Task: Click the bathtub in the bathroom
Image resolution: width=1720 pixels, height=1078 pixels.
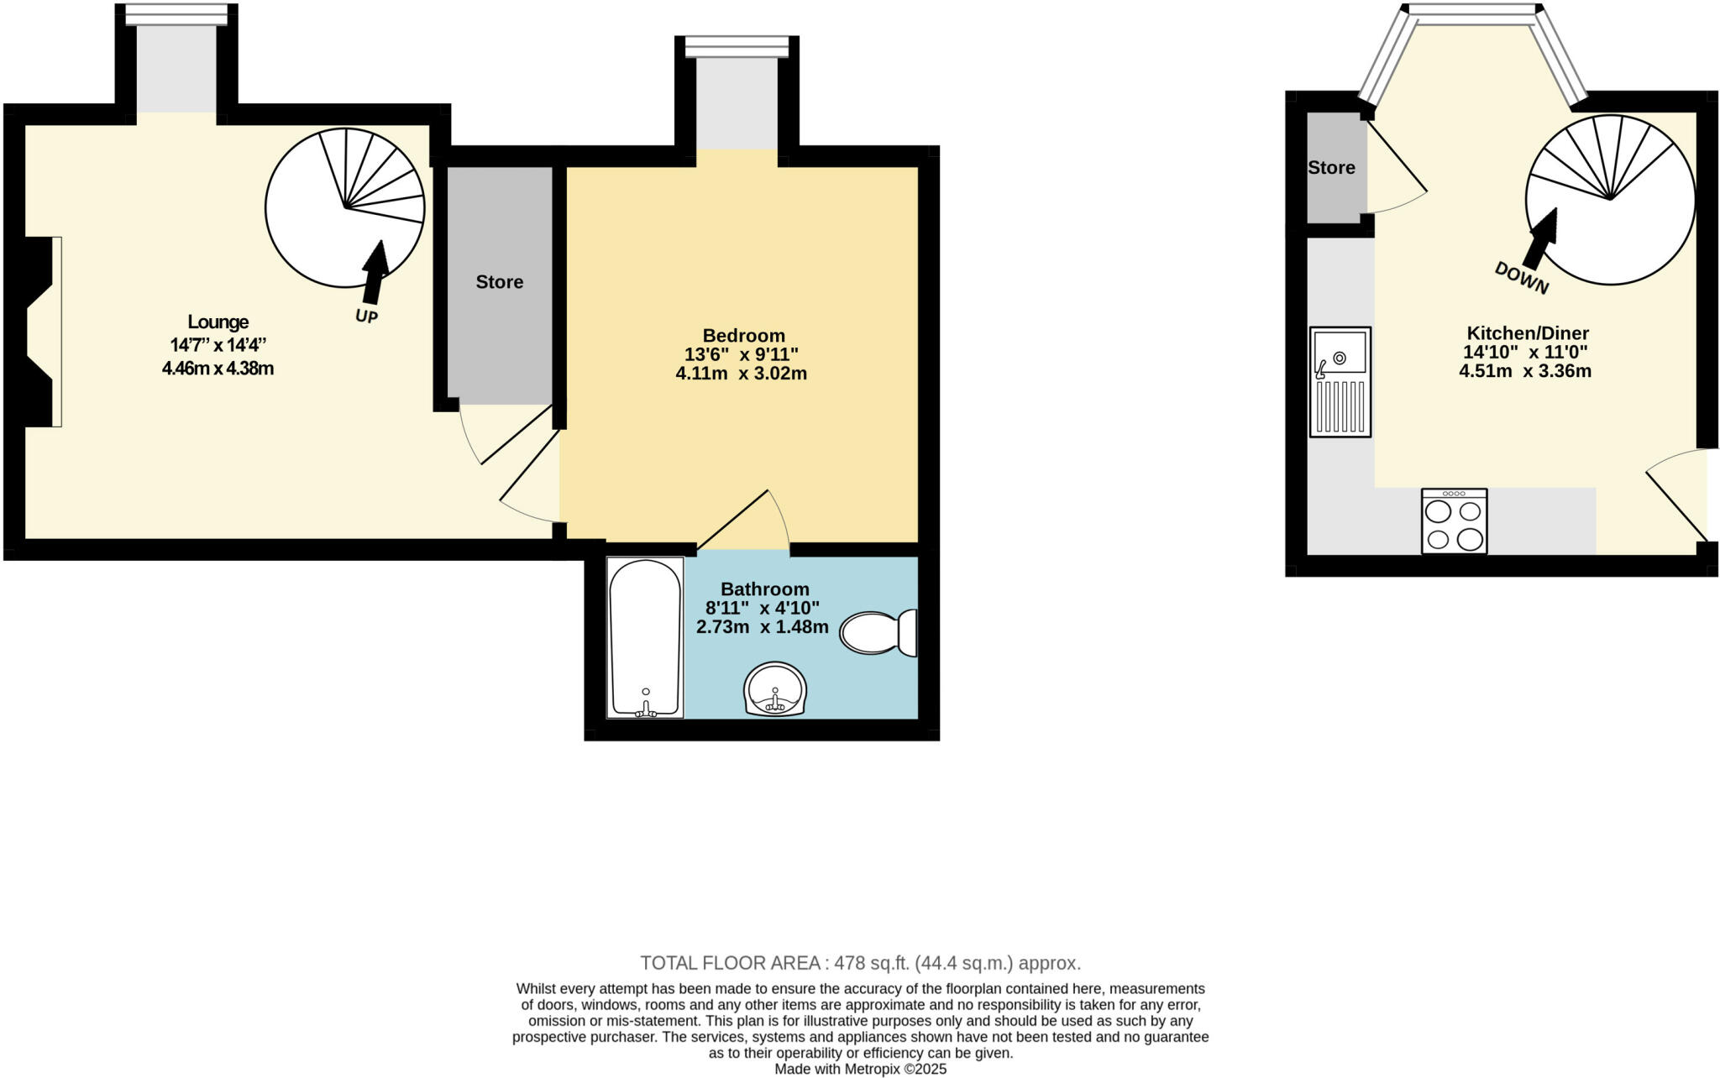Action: (645, 637)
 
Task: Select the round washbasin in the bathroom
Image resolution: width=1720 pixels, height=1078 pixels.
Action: (775, 689)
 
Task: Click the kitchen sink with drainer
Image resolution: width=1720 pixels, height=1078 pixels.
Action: (1340, 382)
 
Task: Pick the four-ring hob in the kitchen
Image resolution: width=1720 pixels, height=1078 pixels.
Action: (1454, 521)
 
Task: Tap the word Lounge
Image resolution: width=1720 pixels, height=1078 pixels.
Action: (218, 322)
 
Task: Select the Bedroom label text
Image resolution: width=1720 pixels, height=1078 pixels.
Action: (743, 336)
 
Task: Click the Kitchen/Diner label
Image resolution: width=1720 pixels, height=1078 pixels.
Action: (1527, 333)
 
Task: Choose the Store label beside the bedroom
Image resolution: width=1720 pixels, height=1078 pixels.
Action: (500, 282)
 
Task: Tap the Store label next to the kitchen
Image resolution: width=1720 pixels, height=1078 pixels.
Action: (1331, 168)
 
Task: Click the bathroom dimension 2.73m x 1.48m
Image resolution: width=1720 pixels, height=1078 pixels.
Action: (762, 627)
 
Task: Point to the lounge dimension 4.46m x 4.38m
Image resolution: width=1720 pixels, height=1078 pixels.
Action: (218, 368)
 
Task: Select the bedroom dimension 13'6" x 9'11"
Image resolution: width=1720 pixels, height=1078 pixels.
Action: (741, 354)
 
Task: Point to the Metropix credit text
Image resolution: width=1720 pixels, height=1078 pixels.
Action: (860, 1069)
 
